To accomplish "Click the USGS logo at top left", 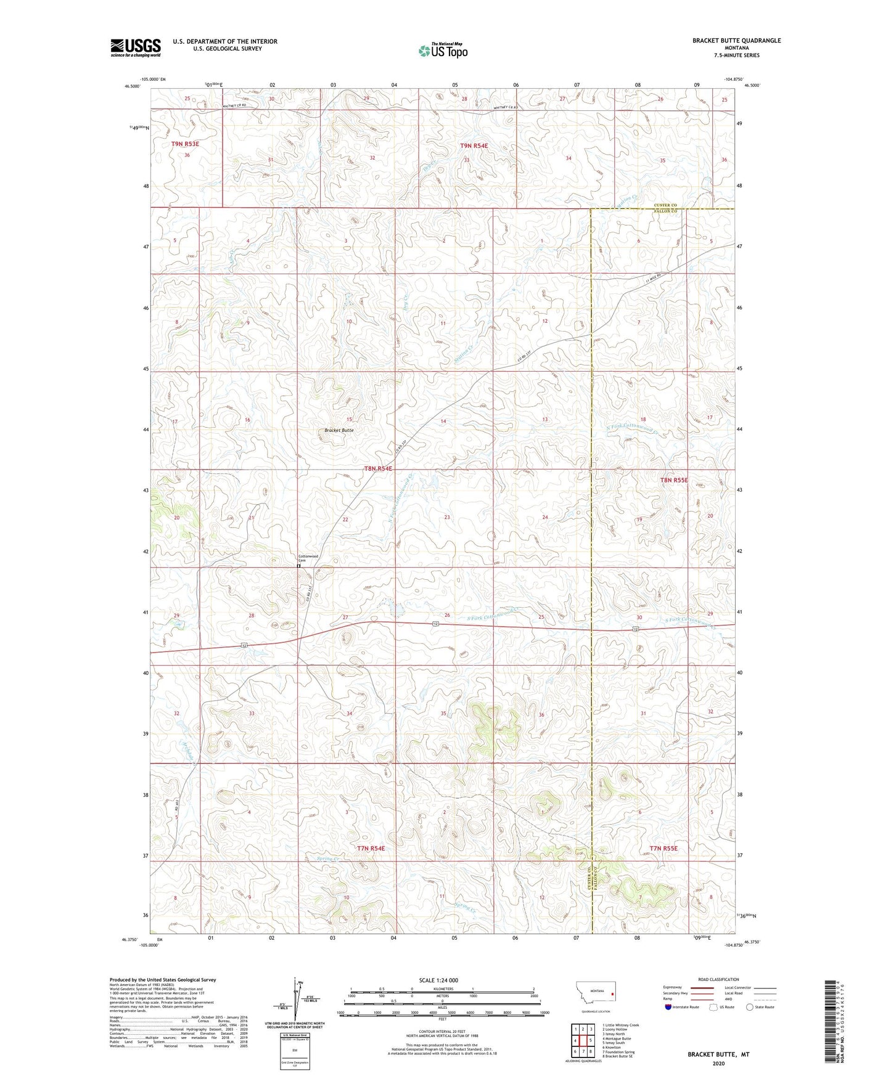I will (135, 47).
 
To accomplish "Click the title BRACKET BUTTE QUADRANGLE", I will (736, 41).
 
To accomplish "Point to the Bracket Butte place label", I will (339, 430).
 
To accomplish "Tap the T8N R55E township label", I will (673, 479).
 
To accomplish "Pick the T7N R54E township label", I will (371, 849).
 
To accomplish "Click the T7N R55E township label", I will (663, 849).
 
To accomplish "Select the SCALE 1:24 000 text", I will (438, 980).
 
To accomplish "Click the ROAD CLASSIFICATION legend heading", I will (718, 979).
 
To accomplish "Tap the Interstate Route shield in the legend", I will (670, 1007).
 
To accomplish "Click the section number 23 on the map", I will (447, 518).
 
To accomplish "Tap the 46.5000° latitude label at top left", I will (131, 87).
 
